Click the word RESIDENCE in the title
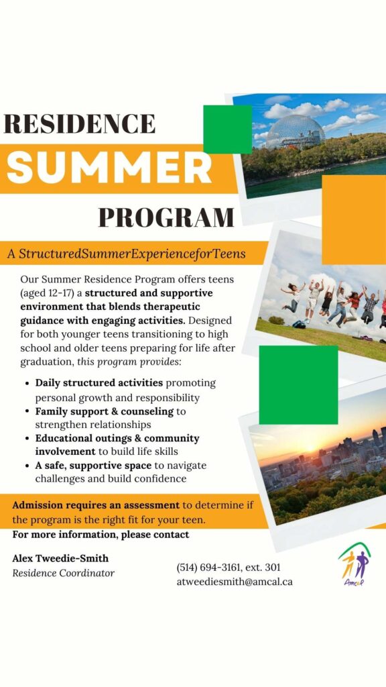coord(79,123)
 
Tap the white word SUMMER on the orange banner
coord(109,168)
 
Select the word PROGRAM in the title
coord(166,217)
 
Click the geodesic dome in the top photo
coord(296,132)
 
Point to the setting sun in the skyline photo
coord(310,448)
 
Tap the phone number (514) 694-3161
coord(208,568)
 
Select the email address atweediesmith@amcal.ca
coord(235,582)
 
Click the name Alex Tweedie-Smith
coord(60,559)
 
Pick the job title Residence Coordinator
coord(64,573)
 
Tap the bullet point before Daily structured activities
coord(27,383)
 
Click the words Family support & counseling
coord(105,412)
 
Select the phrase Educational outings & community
coord(117,439)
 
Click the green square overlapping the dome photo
coord(228,129)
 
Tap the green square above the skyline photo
coord(298,384)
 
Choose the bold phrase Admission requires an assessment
coord(96,505)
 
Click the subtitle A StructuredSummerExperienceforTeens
coord(127,254)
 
